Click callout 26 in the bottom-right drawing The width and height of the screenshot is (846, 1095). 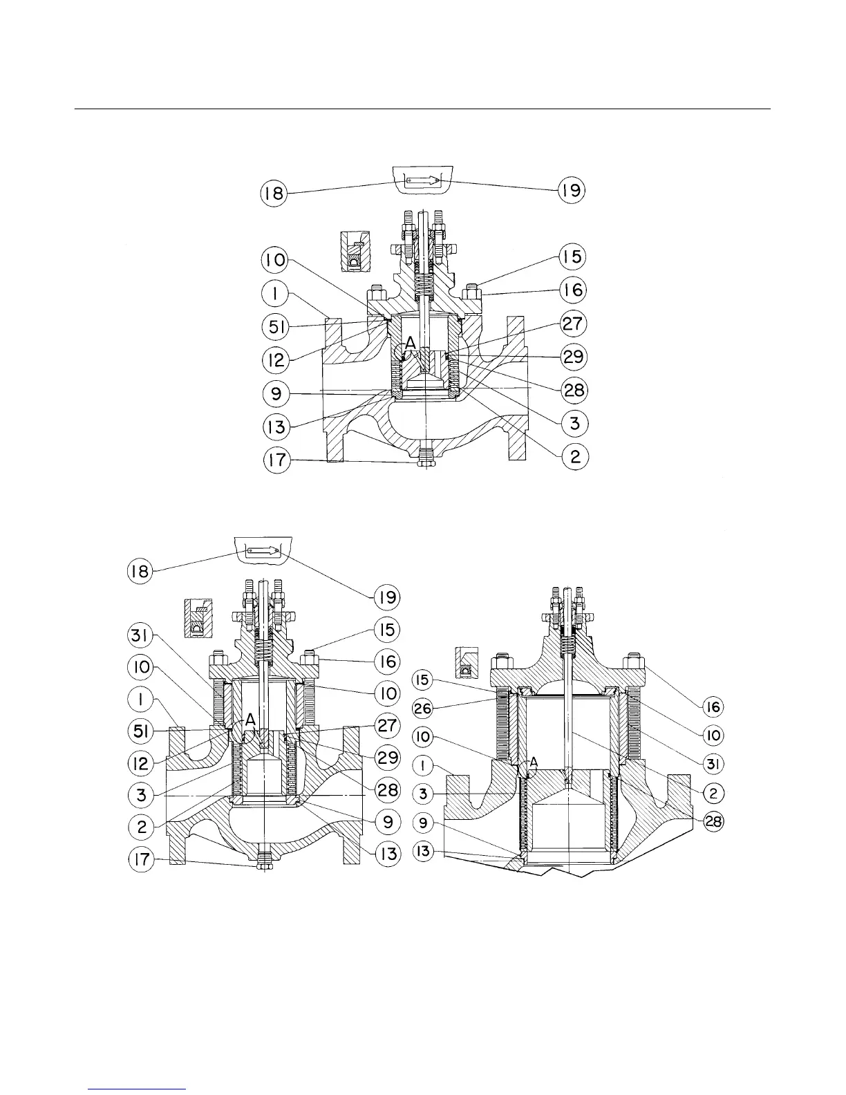pos(422,709)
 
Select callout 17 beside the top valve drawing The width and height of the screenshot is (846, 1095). pos(277,460)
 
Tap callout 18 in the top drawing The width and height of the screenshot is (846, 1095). pos(274,193)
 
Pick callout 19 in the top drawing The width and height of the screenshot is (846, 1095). pos(572,190)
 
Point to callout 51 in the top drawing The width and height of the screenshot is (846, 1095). pos(276,327)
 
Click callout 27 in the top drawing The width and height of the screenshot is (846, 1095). pos(573,324)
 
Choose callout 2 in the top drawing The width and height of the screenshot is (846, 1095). pos(574,456)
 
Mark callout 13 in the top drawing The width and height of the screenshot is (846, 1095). pos(276,427)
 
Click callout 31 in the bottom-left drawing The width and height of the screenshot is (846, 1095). pos(140,636)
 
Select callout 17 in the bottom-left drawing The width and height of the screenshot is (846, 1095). pos(141,859)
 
